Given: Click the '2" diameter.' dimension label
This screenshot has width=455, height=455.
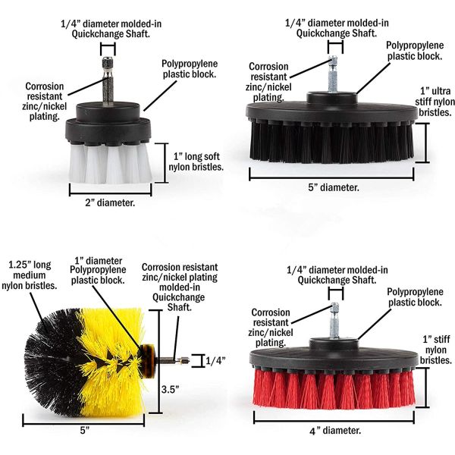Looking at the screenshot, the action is pyautogui.click(x=110, y=202).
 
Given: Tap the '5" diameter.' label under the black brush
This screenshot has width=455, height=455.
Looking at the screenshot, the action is pyautogui.click(x=334, y=187).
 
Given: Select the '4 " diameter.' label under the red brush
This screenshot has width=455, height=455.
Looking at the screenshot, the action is pyautogui.click(x=335, y=431).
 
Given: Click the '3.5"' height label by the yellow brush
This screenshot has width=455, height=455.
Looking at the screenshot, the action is pyautogui.click(x=171, y=389).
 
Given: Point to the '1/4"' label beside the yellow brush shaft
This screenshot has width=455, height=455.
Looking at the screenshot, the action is pyautogui.click(x=215, y=361).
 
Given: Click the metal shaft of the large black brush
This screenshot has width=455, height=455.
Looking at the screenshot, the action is pyautogui.click(x=333, y=74).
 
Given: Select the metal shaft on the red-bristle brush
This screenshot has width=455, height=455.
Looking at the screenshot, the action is pyautogui.click(x=334, y=320).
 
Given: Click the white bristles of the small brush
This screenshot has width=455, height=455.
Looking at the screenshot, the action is pyautogui.click(x=111, y=163).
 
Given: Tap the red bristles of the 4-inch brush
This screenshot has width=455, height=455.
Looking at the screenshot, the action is pyautogui.click(x=334, y=388).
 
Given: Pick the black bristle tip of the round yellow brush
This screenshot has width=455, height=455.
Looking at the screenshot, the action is pyautogui.click(x=53, y=362).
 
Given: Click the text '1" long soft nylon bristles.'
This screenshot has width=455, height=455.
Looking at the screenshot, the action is pyautogui.click(x=196, y=162).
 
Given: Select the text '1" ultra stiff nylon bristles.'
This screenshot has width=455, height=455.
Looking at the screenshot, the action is pyautogui.click(x=435, y=102).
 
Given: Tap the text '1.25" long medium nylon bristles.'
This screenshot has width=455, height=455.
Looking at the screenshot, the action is pyautogui.click(x=29, y=275).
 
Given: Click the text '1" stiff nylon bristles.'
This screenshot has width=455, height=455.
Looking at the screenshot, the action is pyautogui.click(x=436, y=350).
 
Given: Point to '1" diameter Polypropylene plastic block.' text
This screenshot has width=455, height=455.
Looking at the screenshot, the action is pyautogui.click(x=98, y=271).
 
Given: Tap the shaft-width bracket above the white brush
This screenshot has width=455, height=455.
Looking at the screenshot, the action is pyautogui.click(x=108, y=49).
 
